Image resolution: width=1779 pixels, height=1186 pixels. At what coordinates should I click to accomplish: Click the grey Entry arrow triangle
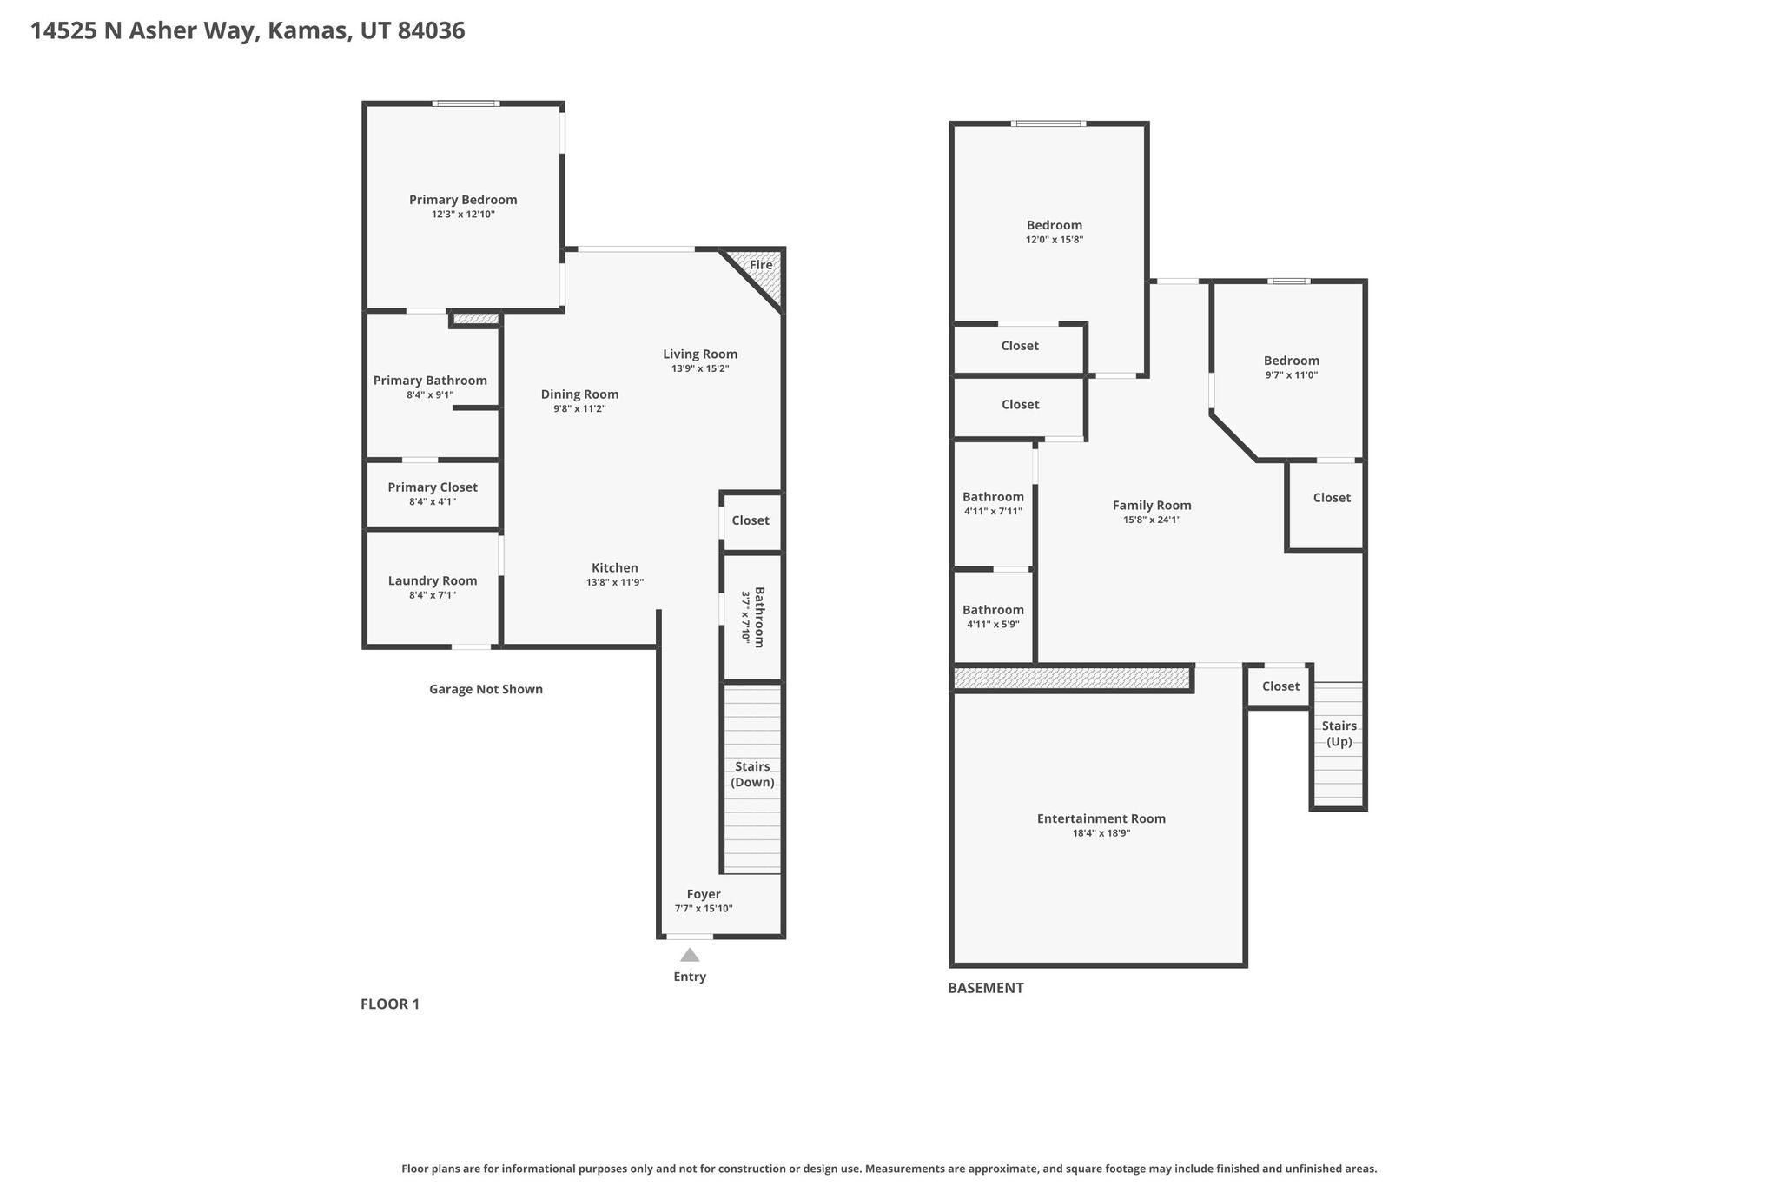click(x=690, y=955)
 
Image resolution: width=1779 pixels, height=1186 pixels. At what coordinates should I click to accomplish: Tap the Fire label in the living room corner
click(x=761, y=265)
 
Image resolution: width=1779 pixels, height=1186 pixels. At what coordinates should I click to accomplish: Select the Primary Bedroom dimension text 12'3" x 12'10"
click(x=463, y=215)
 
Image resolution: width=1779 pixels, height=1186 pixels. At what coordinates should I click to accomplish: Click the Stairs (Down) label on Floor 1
click(x=752, y=774)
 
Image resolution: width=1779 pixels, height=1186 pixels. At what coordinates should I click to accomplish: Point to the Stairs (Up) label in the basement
click(x=1339, y=733)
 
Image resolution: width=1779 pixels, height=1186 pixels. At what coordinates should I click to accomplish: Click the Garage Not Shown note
click(x=486, y=689)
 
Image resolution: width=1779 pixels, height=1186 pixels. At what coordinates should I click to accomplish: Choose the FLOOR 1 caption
click(x=390, y=1004)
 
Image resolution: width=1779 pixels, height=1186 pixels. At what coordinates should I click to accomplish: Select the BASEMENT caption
click(x=986, y=988)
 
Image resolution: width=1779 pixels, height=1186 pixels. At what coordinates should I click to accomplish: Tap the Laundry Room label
click(x=433, y=581)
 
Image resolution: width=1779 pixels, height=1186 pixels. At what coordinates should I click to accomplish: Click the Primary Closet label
click(x=433, y=487)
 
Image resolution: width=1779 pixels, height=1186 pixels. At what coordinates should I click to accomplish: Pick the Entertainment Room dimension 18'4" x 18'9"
click(x=1101, y=833)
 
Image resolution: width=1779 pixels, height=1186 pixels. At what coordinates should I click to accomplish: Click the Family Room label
click(x=1152, y=506)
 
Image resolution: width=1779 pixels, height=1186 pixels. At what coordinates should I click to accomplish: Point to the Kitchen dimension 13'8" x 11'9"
click(x=615, y=583)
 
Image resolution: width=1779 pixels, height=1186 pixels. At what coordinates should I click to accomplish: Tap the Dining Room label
click(x=579, y=394)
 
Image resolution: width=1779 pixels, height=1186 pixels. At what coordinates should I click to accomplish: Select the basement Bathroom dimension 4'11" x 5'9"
click(x=993, y=625)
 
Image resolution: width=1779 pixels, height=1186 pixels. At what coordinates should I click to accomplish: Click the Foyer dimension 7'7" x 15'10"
click(x=704, y=909)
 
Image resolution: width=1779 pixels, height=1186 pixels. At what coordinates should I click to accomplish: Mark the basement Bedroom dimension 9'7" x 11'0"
click(x=1292, y=375)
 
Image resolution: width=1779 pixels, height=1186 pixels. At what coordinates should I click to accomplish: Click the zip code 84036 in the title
click(x=431, y=31)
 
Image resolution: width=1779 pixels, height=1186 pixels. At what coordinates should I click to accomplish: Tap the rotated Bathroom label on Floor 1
click(x=759, y=618)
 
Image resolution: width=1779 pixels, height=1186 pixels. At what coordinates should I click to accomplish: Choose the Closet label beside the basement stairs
click(x=1280, y=686)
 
